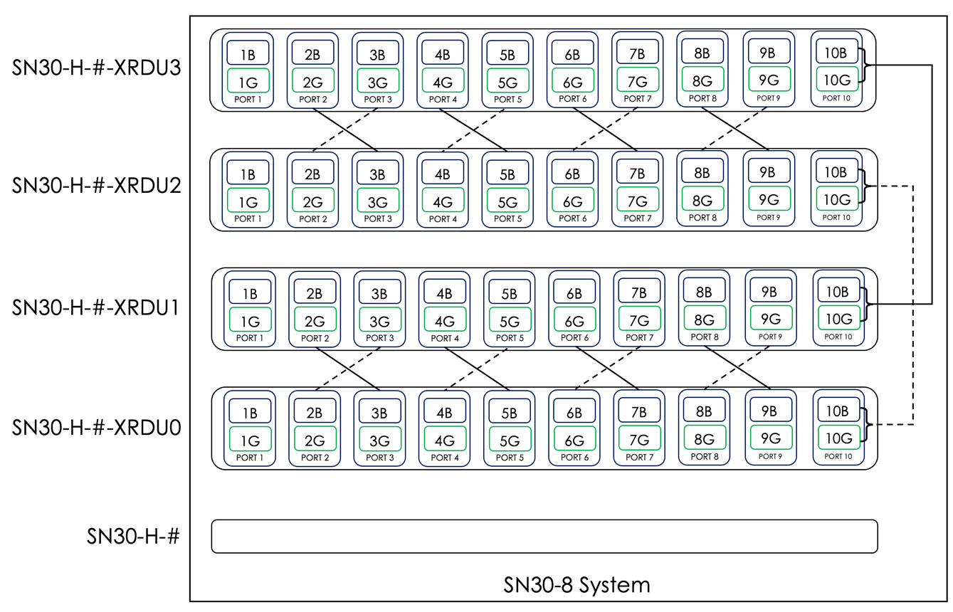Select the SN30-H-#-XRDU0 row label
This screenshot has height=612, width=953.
(x=97, y=428)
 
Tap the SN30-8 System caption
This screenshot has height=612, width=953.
(x=576, y=585)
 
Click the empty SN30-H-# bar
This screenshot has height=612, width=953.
(x=544, y=536)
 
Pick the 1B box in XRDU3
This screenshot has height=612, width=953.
(x=248, y=53)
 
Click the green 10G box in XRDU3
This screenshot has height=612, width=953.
(x=836, y=79)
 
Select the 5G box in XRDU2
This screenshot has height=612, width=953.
(x=507, y=201)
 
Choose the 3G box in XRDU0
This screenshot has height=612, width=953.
(x=379, y=439)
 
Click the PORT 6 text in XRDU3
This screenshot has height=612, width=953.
(x=572, y=99)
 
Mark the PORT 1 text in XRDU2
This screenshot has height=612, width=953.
(x=248, y=219)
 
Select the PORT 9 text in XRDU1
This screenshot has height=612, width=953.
(x=769, y=337)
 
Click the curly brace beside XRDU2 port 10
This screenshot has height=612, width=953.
(x=865, y=186)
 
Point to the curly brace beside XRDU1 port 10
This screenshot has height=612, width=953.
(x=867, y=305)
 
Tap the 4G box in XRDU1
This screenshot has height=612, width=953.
(x=444, y=320)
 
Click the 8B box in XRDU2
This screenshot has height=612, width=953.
(x=702, y=173)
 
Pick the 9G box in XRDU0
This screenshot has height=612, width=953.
(x=769, y=438)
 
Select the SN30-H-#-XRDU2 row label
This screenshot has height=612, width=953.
(x=97, y=186)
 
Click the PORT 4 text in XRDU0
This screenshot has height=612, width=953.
(x=445, y=458)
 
